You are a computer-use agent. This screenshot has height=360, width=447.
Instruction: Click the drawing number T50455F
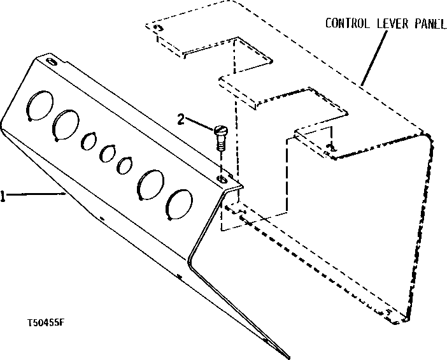[45, 322]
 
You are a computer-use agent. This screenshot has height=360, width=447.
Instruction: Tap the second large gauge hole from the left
[66, 123]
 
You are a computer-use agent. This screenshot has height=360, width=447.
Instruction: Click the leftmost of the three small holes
[89, 140]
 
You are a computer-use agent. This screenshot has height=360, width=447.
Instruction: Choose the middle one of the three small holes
[108, 152]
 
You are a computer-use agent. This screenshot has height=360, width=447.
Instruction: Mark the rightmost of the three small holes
[125, 165]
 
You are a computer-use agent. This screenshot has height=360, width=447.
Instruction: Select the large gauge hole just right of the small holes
[152, 184]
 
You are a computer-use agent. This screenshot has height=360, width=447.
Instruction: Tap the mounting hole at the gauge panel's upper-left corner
[51, 62]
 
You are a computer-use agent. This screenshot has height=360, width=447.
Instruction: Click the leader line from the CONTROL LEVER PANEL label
[373, 57]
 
